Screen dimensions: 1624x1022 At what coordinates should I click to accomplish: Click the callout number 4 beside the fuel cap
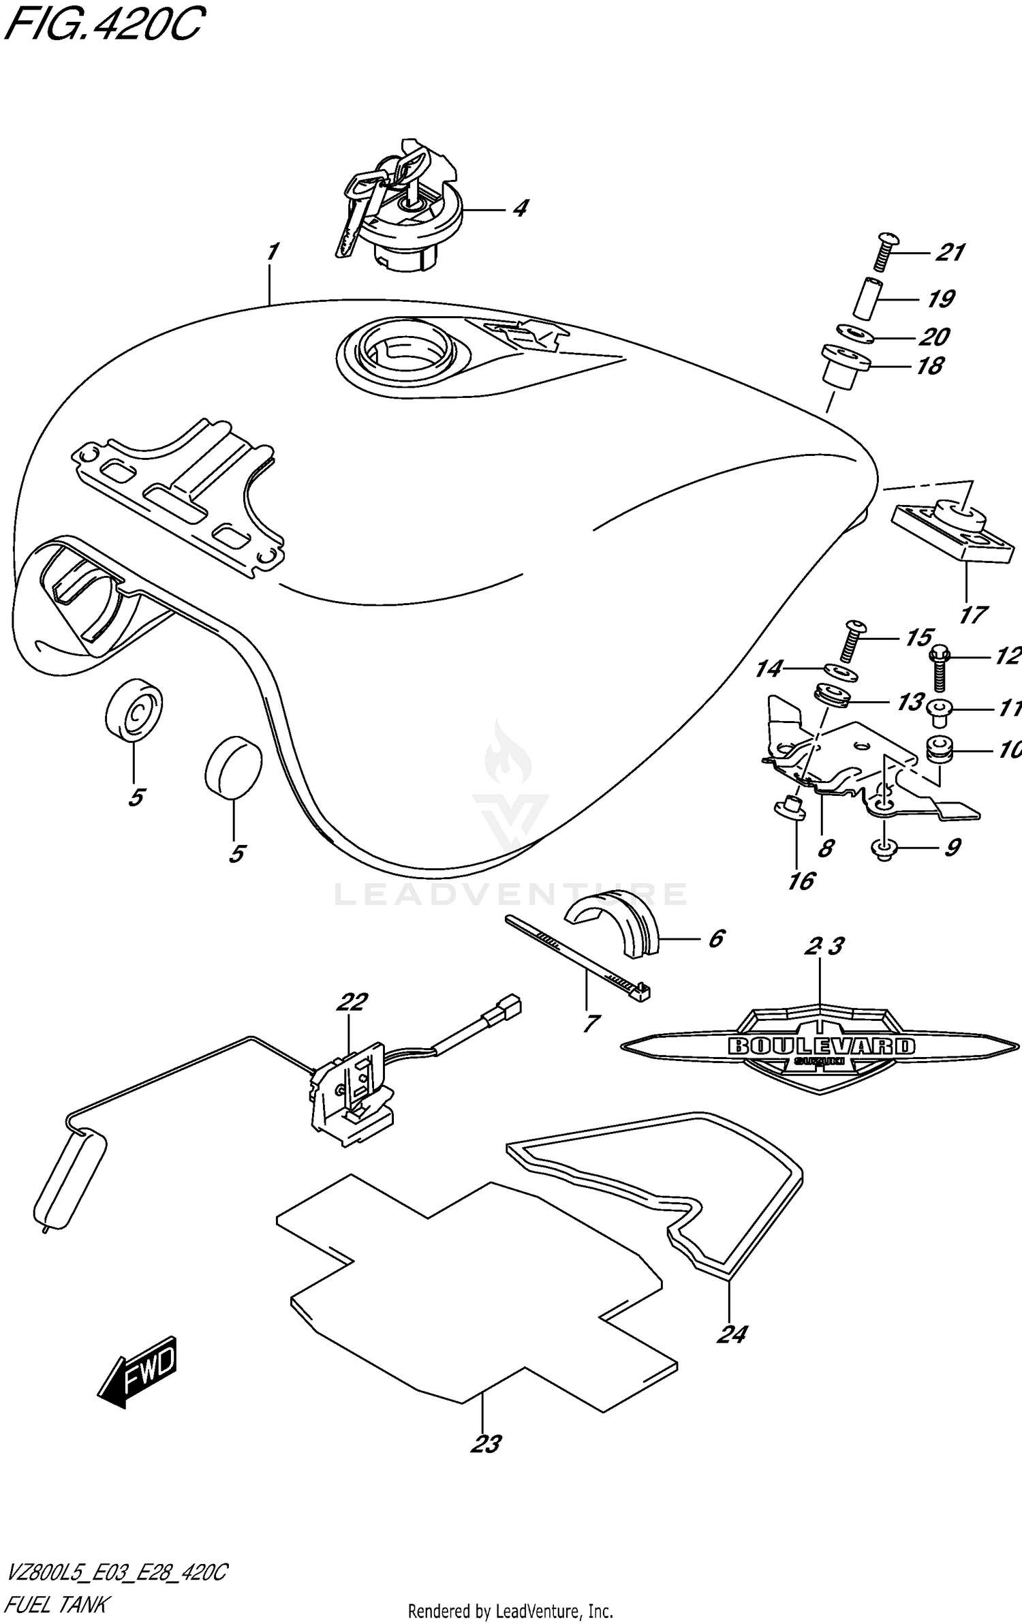coord(520,208)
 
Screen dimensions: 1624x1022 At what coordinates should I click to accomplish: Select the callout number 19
coord(940,298)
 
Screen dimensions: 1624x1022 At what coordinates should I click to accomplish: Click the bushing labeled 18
coord(847,368)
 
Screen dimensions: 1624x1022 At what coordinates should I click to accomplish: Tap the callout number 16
coord(801,880)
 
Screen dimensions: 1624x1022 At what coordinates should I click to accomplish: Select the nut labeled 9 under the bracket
coord(884,848)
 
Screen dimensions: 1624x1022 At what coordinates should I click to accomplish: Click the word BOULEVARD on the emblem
coord(821,1046)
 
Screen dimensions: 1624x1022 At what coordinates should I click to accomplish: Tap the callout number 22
coord(352,1001)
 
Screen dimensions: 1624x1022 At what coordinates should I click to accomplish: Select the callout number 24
coord(732,1334)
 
